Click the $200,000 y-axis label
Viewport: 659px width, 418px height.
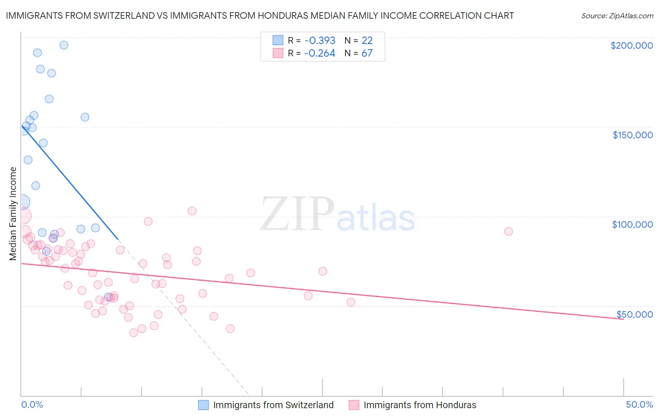pyautogui.click(x=631, y=45)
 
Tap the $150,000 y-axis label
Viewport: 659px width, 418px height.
pyautogui.click(x=632, y=135)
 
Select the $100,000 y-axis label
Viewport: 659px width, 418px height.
pyautogui.click(x=632, y=224)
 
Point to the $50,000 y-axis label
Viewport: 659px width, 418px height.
pyautogui.click(x=634, y=314)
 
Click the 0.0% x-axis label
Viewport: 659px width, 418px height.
pyautogui.click(x=32, y=404)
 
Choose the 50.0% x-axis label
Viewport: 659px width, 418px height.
pyautogui.click(x=639, y=404)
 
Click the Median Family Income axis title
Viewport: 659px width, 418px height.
pyautogui.click(x=13, y=214)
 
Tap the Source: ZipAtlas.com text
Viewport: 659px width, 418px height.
pyautogui.click(x=617, y=16)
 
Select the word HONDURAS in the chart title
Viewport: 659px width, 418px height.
pyautogui.click(x=283, y=15)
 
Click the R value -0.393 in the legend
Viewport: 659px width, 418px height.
pyautogui.click(x=320, y=40)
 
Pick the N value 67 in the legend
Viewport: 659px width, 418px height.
pyautogui.click(x=367, y=53)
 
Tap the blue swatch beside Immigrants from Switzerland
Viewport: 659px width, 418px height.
pyautogui.click(x=203, y=405)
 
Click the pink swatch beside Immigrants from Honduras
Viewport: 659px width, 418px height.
pyautogui.click(x=353, y=405)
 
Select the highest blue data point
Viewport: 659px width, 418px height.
pyautogui.click(x=64, y=45)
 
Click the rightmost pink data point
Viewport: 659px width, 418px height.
pyautogui.click(x=508, y=231)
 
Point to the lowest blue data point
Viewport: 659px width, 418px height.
pyautogui.click(x=108, y=297)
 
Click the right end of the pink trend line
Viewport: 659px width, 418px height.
pyautogui.click(x=623, y=319)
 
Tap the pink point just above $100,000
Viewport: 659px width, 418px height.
pyautogui.click(x=192, y=211)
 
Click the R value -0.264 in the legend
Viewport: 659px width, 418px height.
pyautogui.click(x=320, y=53)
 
